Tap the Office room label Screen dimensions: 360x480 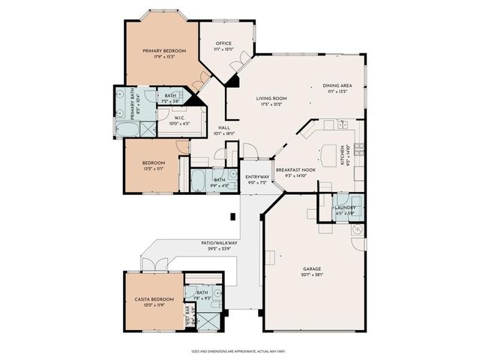(224, 43)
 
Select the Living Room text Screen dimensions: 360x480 (271, 98)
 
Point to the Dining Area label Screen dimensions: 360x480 (336, 85)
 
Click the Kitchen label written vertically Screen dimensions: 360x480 (342, 155)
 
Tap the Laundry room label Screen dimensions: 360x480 (345, 207)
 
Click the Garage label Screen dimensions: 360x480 (312, 268)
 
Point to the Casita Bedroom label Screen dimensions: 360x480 (154, 299)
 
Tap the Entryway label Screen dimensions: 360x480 (257, 177)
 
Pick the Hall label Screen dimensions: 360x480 (223, 128)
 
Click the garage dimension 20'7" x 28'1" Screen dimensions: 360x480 (312, 274)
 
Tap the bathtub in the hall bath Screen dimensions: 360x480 (200, 181)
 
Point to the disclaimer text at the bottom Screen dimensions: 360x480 (239, 350)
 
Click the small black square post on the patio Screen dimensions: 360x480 (232, 217)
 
